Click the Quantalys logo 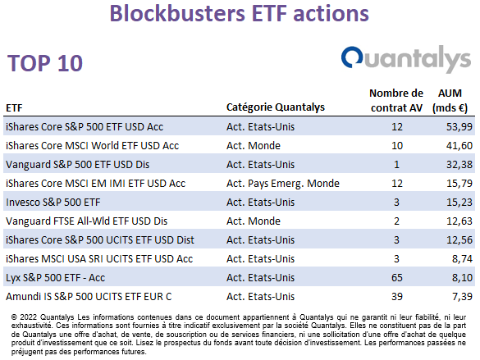406,59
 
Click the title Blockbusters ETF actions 239,13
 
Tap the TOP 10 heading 45,63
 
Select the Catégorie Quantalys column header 276,107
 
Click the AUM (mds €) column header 450,100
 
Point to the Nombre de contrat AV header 396,100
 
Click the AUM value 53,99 459,126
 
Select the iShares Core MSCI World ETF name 92,146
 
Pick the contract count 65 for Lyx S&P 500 397,278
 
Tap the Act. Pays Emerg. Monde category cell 283,183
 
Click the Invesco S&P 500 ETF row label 53,203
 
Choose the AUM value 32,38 459,165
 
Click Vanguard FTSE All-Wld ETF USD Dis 87,221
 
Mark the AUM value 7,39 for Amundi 462,297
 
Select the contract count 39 397,297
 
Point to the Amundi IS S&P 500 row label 89,297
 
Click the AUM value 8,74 462,259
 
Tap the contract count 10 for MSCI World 397,146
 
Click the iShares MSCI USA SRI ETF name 99,259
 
